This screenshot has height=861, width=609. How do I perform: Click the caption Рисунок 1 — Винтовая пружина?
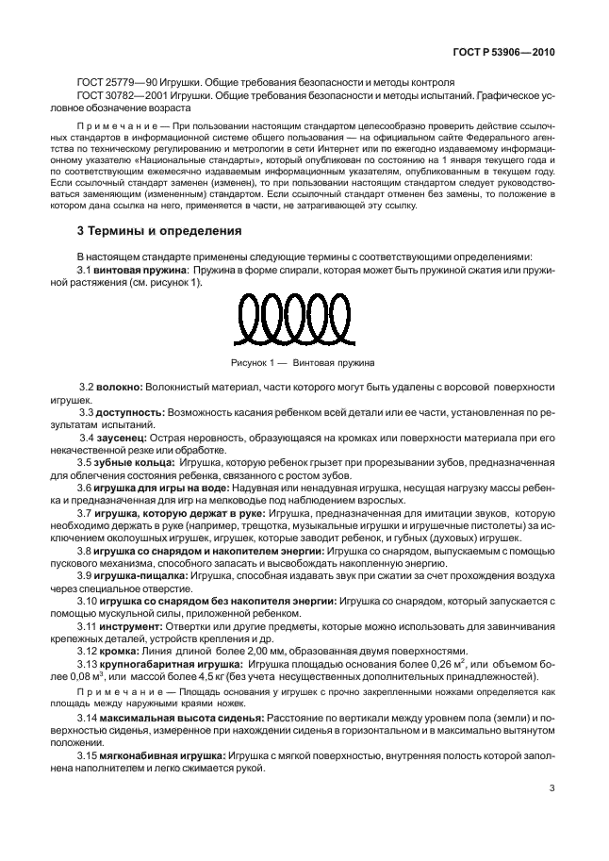click(303, 362)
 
